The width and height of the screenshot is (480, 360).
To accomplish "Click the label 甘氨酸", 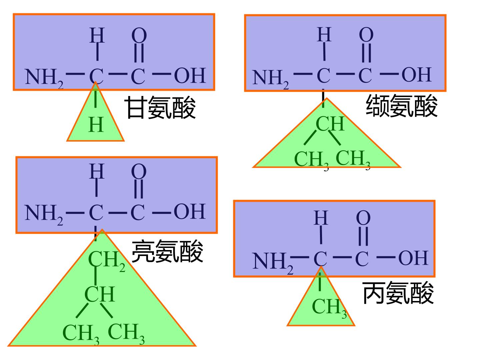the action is click(160, 108).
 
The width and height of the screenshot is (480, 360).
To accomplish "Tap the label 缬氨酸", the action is click(402, 106).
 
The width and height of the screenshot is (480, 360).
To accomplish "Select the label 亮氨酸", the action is click(168, 251).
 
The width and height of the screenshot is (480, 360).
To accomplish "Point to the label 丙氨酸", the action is click(398, 293).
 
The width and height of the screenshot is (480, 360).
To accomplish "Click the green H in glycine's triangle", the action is click(96, 125).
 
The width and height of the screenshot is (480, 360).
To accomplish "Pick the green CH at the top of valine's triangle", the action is click(330, 124).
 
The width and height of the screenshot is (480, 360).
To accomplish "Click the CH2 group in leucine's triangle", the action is click(107, 261).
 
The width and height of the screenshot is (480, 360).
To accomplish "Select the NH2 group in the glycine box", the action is click(44, 78).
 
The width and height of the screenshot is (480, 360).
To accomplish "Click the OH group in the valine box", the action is click(417, 75).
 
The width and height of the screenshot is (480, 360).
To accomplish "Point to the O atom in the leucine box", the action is click(139, 172).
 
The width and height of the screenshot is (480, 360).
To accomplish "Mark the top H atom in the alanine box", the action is click(321, 218).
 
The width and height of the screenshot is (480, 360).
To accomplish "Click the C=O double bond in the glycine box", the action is click(139, 53).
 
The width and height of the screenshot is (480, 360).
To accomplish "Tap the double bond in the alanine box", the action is click(363, 236).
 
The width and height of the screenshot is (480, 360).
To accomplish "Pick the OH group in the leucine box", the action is click(190, 211).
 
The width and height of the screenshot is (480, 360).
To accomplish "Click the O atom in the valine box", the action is click(366, 35).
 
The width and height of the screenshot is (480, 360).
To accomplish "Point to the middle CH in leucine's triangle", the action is click(100, 294).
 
